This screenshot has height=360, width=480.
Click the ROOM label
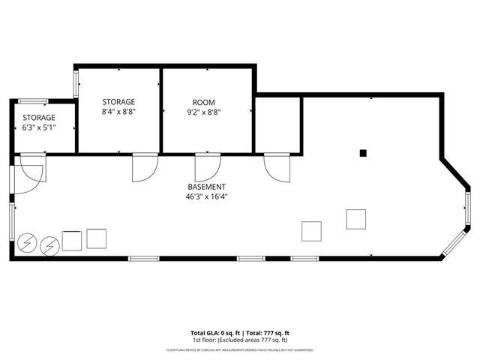pyautogui.click(x=203, y=102)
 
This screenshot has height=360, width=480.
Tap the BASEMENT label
pyautogui.click(x=206, y=187)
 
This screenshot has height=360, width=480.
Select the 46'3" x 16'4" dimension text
pyautogui.click(x=206, y=196)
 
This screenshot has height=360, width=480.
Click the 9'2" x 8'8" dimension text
pyautogui.click(x=203, y=112)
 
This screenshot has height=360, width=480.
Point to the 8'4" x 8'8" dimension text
pyautogui.click(x=118, y=112)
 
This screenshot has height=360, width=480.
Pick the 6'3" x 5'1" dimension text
pyautogui.click(x=39, y=128)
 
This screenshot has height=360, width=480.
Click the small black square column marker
pyautogui.click(x=363, y=153)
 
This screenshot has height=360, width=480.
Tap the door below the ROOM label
pyautogui.click(x=206, y=166)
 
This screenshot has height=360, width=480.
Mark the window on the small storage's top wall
pyautogui.click(x=34, y=101)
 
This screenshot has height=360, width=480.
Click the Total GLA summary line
pyautogui.click(x=240, y=332)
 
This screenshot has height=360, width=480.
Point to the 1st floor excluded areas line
pyautogui.click(x=240, y=340)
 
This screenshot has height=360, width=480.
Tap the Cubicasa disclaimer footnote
pyautogui.click(x=240, y=350)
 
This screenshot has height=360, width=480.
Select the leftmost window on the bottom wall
pyautogui.click(x=143, y=259)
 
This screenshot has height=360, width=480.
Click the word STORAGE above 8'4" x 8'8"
pyautogui.click(x=118, y=101)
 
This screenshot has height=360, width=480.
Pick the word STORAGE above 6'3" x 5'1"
pyautogui.click(x=39, y=118)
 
